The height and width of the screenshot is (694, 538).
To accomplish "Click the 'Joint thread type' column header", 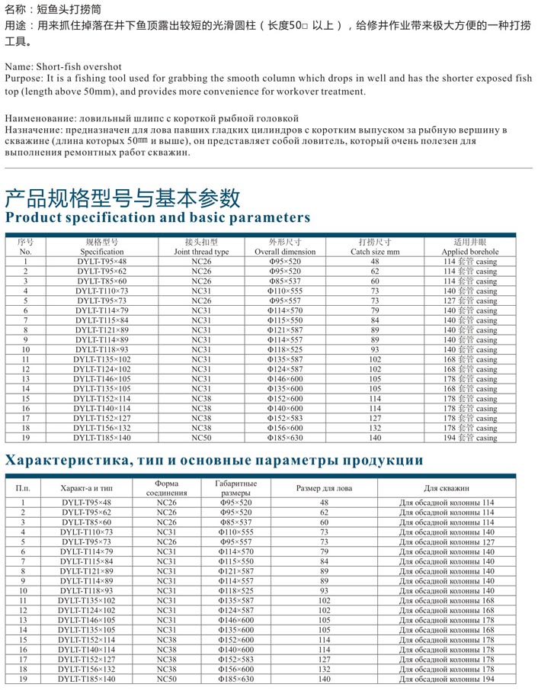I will [200, 252].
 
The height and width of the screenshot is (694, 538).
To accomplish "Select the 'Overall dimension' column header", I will [284, 252].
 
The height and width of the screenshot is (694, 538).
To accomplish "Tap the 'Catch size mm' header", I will [374, 252].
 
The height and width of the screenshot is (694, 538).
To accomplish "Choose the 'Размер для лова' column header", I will [324, 488].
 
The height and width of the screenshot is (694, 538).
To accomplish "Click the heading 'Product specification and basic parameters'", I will [158, 217].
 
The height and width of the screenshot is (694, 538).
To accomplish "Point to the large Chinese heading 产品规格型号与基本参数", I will [123, 198].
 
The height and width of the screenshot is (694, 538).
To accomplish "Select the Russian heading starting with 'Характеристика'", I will [214, 461].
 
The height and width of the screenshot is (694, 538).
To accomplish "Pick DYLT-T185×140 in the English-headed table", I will [101, 438].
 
